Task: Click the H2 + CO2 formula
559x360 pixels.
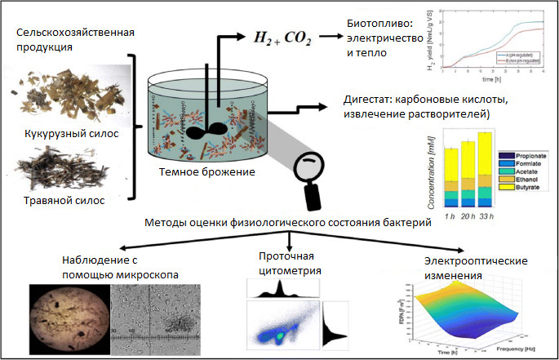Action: pyautogui.click(x=273, y=37)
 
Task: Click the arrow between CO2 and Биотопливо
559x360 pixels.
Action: pyautogui.click(x=331, y=37)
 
